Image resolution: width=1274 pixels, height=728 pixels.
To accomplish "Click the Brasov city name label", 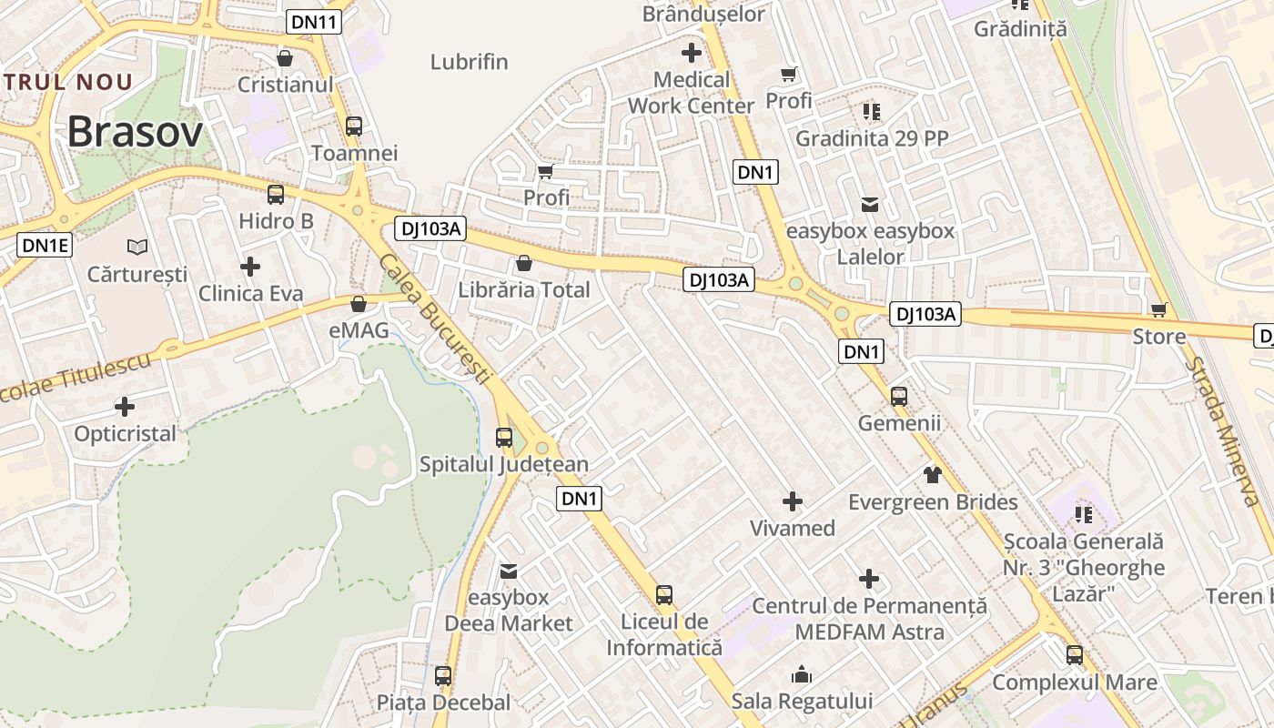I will click(x=135, y=132).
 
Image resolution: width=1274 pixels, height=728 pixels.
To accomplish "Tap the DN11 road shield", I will click(x=314, y=22).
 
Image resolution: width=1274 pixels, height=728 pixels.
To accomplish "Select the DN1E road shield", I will click(x=44, y=245).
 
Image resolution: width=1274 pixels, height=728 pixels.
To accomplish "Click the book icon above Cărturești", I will click(x=137, y=247).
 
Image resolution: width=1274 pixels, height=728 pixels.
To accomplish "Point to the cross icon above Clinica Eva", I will click(x=250, y=267).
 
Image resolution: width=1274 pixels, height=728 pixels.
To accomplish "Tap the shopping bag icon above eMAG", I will click(x=359, y=303).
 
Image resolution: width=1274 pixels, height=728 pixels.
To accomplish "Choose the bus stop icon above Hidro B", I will click(x=275, y=195).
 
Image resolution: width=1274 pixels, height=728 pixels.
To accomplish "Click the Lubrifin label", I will click(x=469, y=63).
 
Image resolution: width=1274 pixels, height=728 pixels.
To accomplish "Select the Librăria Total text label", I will click(x=524, y=290).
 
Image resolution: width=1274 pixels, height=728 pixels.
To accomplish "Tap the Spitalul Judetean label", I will click(x=503, y=464).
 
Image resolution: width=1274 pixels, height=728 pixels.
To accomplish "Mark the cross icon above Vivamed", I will click(x=793, y=501).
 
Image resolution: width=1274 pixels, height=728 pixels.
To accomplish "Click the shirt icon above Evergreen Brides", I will click(x=933, y=474).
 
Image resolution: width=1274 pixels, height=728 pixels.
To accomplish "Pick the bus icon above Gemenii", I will click(x=899, y=396).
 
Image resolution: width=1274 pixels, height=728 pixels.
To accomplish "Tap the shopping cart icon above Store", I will click(x=1159, y=310).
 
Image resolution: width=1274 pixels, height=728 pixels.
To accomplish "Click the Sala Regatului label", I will click(x=802, y=702).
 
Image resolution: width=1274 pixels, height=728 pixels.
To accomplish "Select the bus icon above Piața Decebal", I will click(x=443, y=676).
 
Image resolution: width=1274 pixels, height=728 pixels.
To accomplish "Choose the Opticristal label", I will click(x=126, y=434).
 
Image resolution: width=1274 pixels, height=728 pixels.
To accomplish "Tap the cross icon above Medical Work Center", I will click(x=692, y=53).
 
